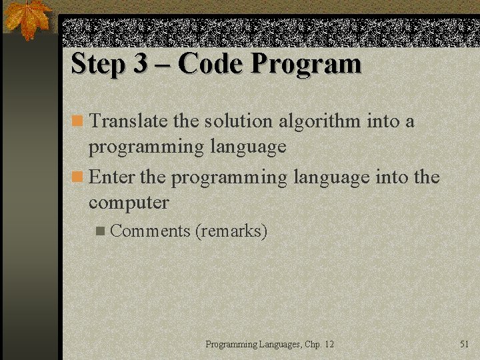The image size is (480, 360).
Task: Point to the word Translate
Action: pos(128,121)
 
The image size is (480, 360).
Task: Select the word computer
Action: pos(129,202)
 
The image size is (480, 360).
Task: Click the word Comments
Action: pos(151,231)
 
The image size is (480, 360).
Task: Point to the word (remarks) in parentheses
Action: pos(231,231)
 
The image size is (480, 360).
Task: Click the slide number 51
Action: pos(465,344)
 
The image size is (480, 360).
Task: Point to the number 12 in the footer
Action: pos(329,345)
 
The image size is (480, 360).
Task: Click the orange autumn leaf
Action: pos(27,18)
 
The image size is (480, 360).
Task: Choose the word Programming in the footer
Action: pos(231,345)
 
